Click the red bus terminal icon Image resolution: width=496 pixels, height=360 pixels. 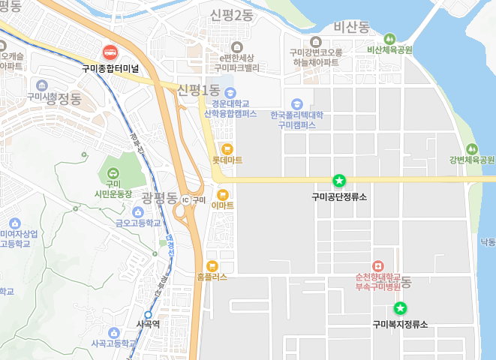tap(110, 52)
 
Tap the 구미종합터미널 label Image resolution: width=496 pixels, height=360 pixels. tap(110, 67)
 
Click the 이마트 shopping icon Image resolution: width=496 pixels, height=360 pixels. tap(223, 193)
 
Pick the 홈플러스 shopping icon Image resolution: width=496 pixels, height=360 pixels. tap(212, 265)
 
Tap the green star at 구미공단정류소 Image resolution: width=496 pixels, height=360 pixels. tap(339, 180)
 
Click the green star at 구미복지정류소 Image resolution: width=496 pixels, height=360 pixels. tap(400, 307)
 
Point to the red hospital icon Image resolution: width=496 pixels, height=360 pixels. tap(377, 265)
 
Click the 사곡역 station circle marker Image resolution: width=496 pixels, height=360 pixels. tap(149, 314)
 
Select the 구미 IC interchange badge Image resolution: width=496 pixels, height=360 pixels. tap(185, 200)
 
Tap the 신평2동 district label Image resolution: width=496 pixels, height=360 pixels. tap(232, 15)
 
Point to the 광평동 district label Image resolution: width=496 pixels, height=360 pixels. tap(158, 199)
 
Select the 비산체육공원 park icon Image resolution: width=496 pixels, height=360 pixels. tap(389, 39)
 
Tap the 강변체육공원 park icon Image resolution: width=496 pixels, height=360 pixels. tap(472, 148)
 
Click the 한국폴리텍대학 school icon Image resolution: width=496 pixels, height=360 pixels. tap(296, 103)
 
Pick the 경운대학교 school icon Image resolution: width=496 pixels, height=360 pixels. tap(230, 92)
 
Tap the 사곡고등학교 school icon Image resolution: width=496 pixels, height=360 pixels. tap(114, 332)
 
